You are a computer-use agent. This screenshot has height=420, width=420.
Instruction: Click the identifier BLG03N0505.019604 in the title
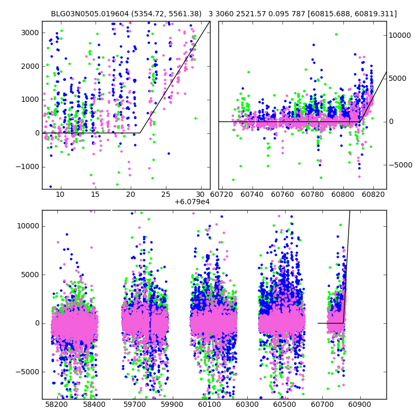(89, 14)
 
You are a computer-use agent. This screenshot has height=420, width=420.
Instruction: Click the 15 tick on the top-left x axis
(95, 194)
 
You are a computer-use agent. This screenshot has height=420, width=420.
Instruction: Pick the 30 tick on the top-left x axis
(202, 194)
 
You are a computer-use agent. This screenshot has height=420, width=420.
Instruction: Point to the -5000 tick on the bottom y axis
(27, 372)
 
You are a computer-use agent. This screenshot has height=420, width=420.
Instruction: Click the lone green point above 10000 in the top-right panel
(336, 35)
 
